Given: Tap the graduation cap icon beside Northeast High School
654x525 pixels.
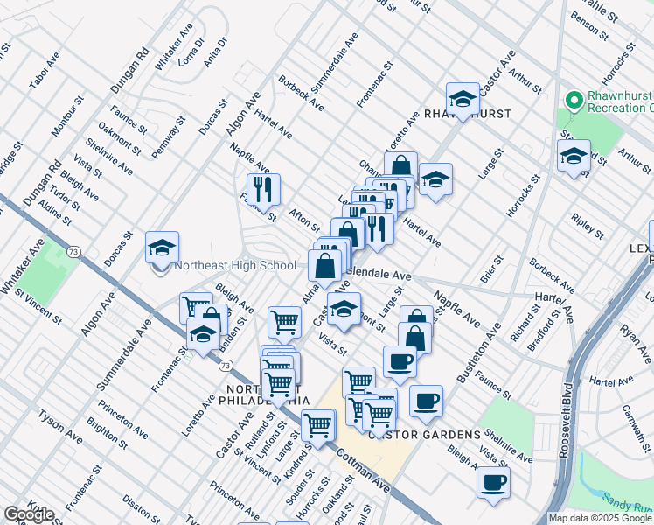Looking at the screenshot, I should pos(162,248).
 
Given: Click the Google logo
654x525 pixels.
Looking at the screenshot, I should pos(29,514).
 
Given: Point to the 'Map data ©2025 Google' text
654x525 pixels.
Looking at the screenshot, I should pos(601,518).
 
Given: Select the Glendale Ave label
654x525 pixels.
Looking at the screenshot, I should pos(380,274).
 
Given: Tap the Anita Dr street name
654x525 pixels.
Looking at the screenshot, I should pos(217,53).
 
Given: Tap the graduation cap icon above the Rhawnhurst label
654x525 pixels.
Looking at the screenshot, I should pos(462,98).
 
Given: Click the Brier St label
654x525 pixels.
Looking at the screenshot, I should pos(492,269).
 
